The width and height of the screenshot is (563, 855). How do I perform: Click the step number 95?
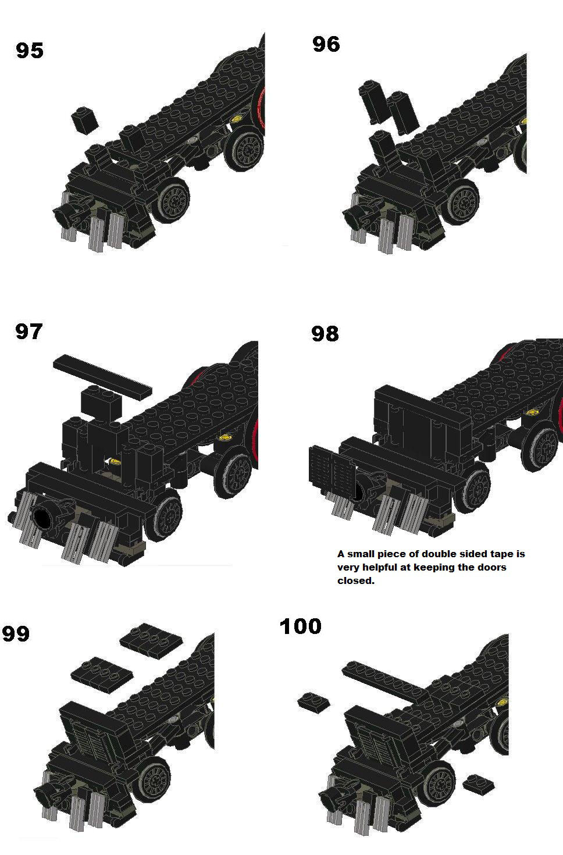click(x=30, y=51)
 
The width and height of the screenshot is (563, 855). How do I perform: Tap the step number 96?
click(x=326, y=44)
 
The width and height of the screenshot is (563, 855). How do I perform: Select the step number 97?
click(x=28, y=332)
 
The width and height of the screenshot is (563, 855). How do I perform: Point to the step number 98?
click(x=325, y=334)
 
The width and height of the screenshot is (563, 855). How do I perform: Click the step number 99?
click(x=16, y=634)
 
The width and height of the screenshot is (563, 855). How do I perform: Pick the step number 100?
click(x=300, y=626)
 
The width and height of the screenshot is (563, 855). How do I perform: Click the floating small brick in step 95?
click(x=85, y=119)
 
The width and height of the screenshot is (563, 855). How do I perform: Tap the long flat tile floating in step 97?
click(x=102, y=377)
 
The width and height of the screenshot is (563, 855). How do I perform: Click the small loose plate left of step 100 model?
click(x=313, y=701)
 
